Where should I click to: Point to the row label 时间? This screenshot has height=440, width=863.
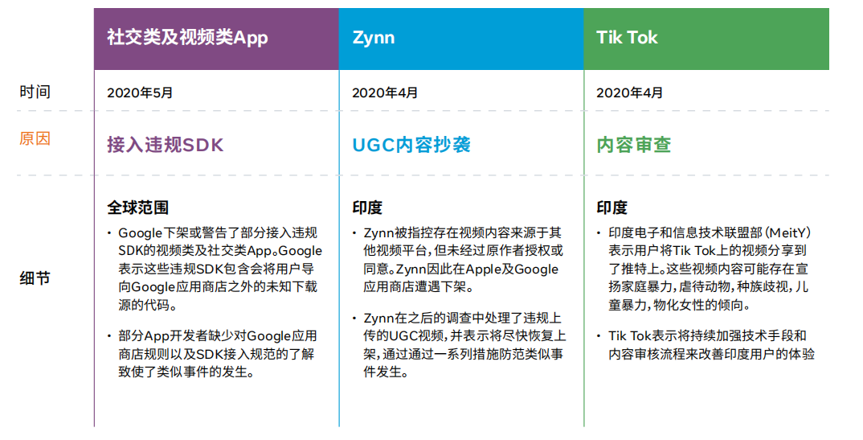(35, 92)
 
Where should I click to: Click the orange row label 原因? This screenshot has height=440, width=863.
(35, 138)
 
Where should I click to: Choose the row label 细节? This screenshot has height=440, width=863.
(35, 278)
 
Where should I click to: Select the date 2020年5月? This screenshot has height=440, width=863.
(140, 93)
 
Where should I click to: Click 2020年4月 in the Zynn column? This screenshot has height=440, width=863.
(385, 93)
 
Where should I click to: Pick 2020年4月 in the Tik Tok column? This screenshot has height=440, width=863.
(629, 93)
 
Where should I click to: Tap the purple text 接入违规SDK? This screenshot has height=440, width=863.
(165, 145)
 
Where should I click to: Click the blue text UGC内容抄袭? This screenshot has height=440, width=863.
(411, 145)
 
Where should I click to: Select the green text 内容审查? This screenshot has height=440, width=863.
(633, 145)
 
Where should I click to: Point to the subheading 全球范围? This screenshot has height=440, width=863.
(137, 208)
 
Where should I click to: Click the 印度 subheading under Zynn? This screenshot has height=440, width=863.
(367, 208)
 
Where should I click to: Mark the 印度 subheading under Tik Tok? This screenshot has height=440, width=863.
(612, 208)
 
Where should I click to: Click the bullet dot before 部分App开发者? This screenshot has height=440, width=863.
(109, 336)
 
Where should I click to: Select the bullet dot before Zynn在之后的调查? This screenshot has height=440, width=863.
(354, 319)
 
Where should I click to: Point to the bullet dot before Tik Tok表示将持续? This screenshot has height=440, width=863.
(599, 336)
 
